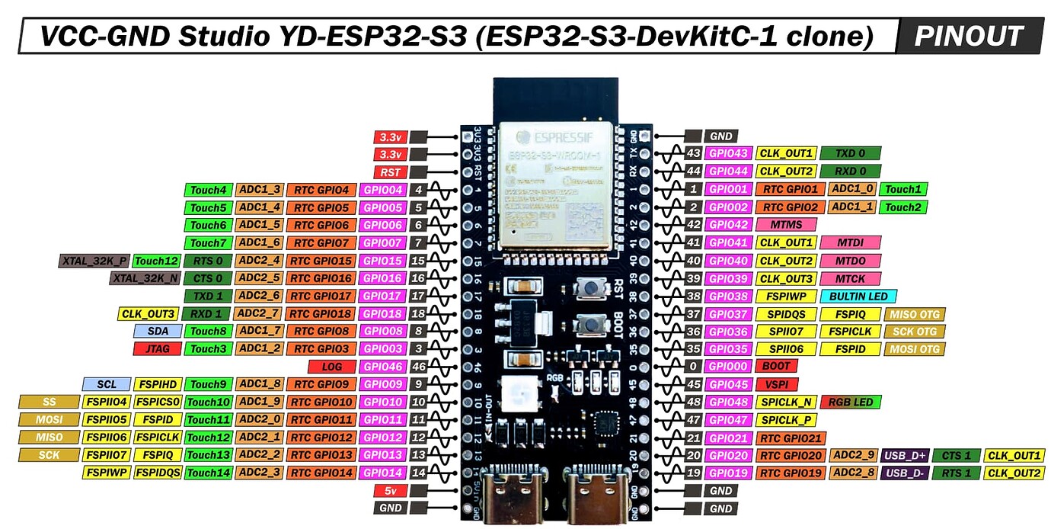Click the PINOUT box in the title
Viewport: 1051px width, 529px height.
click(x=969, y=36)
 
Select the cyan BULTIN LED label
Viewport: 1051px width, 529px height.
click(x=858, y=296)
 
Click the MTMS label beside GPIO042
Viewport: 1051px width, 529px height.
click(x=786, y=225)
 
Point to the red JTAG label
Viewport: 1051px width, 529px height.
click(x=157, y=349)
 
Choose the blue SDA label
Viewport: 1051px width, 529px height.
click(x=157, y=331)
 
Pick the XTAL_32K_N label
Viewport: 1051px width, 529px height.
click(x=145, y=278)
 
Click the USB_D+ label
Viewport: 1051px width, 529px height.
click(x=904, y=455)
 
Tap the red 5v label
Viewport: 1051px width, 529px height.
click(x=390, y=490)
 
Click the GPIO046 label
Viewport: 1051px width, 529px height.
click(x=383, y=367)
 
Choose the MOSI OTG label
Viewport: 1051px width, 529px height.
click(x=914, y=349)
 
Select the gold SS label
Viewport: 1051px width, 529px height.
click(x=50, y=402)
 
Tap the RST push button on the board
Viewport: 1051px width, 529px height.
click(x=589, y=288)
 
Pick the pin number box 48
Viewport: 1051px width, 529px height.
click(x=692, y=402)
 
